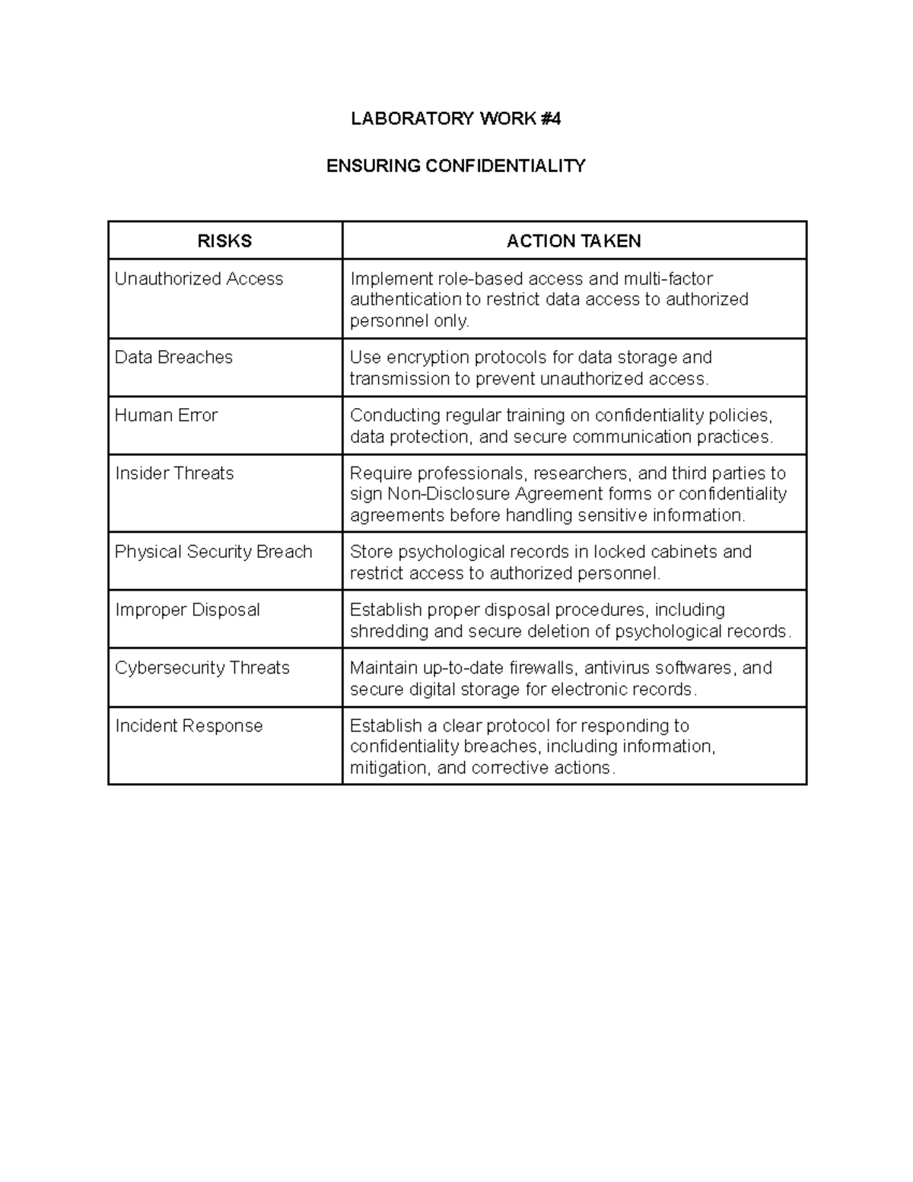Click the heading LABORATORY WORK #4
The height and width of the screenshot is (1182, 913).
(x=455, y=119)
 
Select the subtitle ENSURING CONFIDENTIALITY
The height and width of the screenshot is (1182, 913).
(x=456, y=166)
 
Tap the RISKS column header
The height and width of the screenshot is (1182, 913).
(x=224, y=241)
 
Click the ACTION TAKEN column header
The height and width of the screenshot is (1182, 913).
(x=574, y=241)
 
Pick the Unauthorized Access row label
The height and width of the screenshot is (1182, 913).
(x=199, y=279)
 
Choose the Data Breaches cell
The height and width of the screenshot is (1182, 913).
(x=173, y=358)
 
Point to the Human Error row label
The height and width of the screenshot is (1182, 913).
(x=166, y=416)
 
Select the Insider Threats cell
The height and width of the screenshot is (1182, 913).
(x=174, y=473)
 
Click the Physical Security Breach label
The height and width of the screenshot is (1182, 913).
(x=213, y=552)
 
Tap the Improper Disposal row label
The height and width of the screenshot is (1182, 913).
(x=187, y=610)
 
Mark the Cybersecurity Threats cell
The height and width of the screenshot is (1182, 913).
(x=202, y=668)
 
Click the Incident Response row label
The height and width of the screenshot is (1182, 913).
(x=189, y=726)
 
